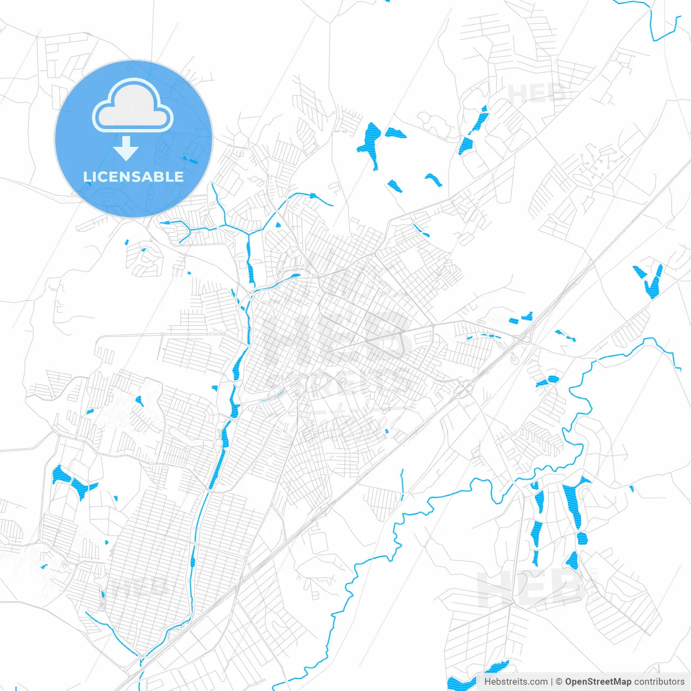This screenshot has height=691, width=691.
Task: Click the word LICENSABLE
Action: [x=133, y=177]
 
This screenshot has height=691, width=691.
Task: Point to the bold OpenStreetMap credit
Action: [x=598, y=682]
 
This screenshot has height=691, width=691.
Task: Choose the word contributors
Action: [x=659, y=682]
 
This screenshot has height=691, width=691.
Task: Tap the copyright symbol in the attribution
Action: [x=559, y=682]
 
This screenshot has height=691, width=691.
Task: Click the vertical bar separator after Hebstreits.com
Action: [x=552, y=682]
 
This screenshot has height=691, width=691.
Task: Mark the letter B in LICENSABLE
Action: [x=160, y=177]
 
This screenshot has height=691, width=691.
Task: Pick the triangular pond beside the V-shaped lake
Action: [x=639, y=271]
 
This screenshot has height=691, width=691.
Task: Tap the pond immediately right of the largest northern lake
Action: [x=394, y=132]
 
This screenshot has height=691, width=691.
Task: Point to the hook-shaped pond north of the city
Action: [x=433, y=180]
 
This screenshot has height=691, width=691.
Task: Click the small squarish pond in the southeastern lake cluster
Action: [x=581, y=538]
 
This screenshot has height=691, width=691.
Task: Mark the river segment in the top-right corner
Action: [x=661, y=24]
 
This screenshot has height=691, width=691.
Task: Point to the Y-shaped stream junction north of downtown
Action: [x=248, y=233]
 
